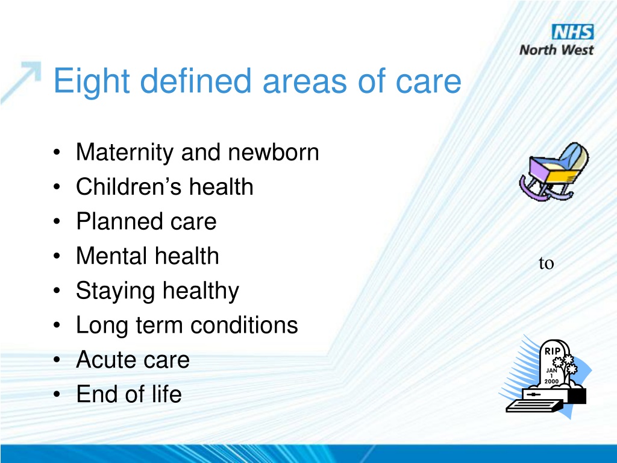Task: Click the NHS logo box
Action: click(x=573, y=32)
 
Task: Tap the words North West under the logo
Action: click(x=556, y=50)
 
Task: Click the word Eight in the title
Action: click(x=92, y=81)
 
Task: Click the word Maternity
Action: click(x=125, y=153)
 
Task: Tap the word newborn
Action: click(x=274, y=152)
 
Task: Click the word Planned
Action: click(x=120, y=221)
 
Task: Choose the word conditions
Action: click(x=244, y=325)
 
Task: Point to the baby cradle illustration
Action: click(x=554, y=172)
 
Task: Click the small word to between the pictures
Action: click(x=546, y=263)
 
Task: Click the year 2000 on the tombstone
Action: click(x=551, y=381)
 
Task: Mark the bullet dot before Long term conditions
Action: click(x=57, y=326)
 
